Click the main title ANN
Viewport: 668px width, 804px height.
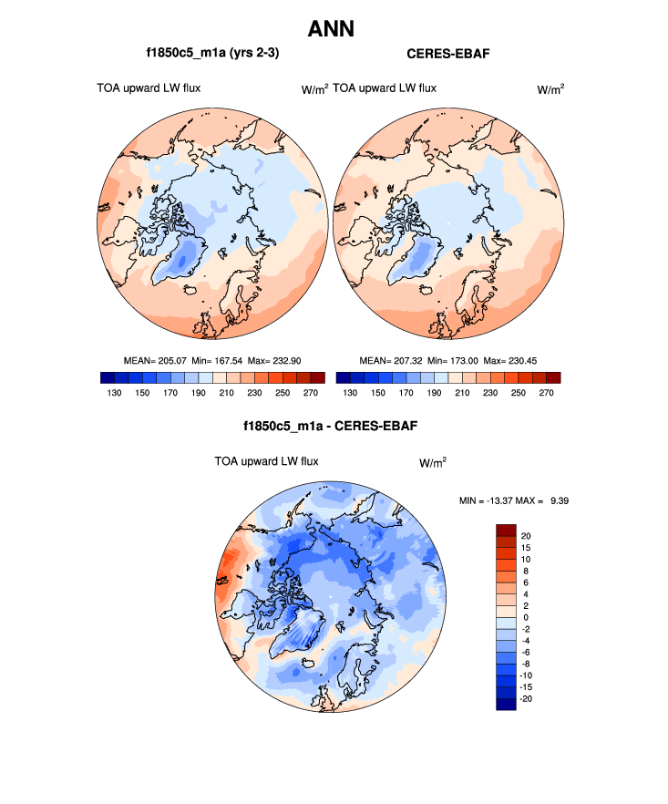(x=331, y=29)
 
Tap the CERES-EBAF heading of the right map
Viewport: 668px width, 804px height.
(x=448, y=55)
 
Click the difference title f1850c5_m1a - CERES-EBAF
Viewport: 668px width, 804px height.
(x=331, y=426)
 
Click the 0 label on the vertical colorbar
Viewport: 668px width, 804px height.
(x=522, y=617)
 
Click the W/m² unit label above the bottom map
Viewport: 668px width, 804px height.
(x=432, y=462)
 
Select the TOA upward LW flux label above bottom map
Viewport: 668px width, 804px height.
(x=266, y=461)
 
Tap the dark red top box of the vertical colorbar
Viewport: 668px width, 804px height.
(x=506, y=530)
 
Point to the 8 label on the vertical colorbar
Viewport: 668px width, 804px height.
(x=522, y=571)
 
